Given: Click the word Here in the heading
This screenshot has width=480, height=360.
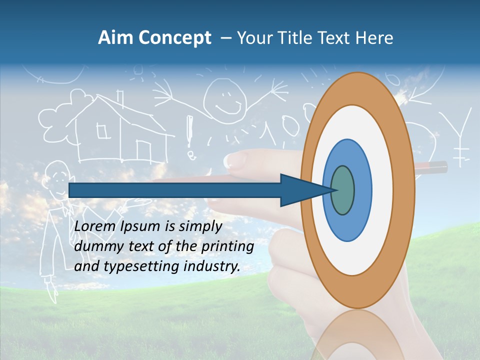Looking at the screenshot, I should tap(373, 38).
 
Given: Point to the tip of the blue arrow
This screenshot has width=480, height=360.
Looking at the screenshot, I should tap(334, 190).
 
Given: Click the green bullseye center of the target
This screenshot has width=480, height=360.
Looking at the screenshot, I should tap(343, 190).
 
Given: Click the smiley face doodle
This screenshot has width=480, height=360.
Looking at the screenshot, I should tap(224, 95).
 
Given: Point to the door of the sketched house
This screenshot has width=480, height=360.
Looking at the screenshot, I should tap(144, 150).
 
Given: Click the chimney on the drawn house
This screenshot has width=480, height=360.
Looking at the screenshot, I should tap(120, 98).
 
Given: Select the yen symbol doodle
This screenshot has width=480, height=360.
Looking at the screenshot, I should tap(460, 135).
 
